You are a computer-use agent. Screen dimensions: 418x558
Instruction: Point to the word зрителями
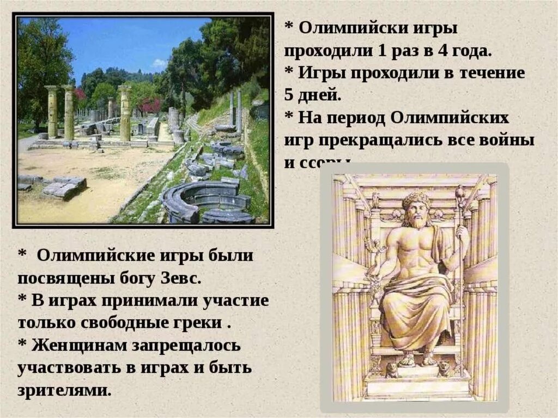[64, 390]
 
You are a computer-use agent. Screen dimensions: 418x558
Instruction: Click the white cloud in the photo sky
[159, 64]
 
